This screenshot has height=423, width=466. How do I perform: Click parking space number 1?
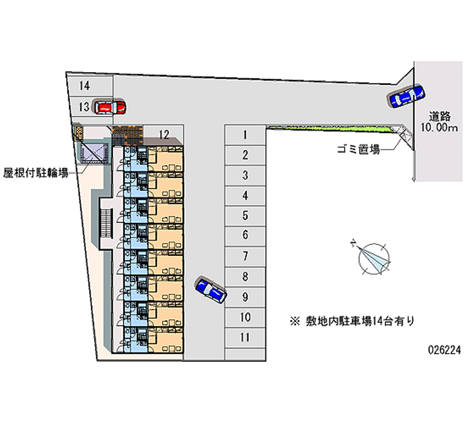tap(245, 136)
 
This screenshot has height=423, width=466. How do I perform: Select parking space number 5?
tap(245, 216)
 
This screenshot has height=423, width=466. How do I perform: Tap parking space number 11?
tap(245, 337)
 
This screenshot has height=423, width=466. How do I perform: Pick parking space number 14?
tap(85, 86)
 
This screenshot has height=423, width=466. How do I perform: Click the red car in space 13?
tap(110, 107)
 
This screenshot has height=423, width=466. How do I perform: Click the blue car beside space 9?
tap(211, 289)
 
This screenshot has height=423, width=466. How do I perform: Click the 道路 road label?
tap(440, 115)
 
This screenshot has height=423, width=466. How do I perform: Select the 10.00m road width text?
tap(440, 128)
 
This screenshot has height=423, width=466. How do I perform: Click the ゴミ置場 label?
tap(358, 150)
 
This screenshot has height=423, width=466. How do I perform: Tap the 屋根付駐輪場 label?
tap(36, 172)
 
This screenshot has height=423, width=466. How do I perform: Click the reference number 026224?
tap(444, 351)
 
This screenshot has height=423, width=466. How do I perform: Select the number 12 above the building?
tap(164, 135)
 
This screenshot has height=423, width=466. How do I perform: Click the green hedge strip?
tap(332, 128)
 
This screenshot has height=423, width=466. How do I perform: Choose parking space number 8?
tap(245, 276)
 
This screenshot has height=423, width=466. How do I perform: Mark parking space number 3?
tap(245, 175)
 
